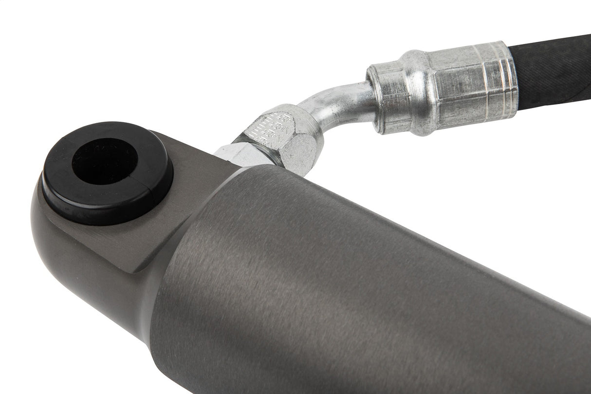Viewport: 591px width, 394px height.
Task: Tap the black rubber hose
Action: pos(555,73)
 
